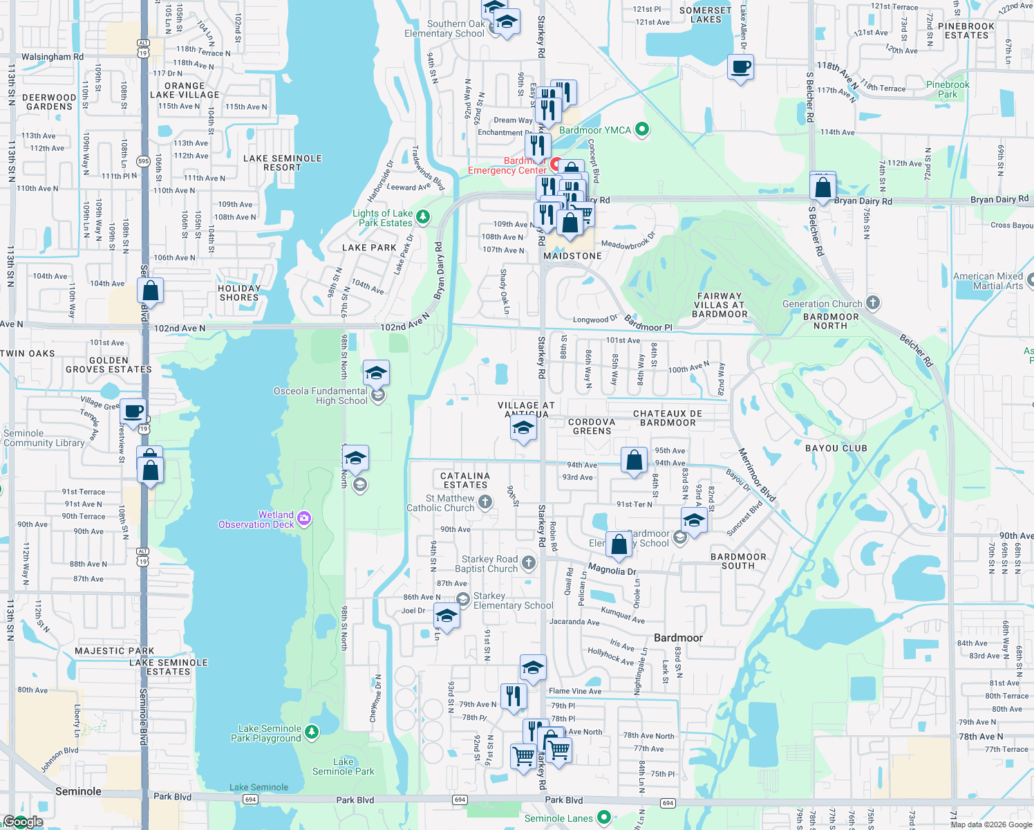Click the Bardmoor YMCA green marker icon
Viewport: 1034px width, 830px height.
coord(642,129)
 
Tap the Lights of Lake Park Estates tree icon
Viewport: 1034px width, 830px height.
coord(422,217)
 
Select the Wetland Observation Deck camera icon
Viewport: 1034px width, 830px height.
coord(304,518)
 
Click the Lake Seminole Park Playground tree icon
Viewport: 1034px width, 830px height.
coord(312,732)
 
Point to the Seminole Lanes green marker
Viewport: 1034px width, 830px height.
coord(603,818)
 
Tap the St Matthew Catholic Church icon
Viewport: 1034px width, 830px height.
coord(485,502)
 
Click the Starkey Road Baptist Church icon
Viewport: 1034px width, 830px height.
coord(529,562)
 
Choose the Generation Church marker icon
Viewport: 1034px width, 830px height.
coord(873,302)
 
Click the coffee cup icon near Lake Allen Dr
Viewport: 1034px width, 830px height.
coord(740,68)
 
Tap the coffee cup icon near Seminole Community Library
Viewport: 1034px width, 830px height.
coord(133,412)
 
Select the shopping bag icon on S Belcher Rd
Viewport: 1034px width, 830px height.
coord(822,187)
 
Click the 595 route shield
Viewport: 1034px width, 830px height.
coord(143,161)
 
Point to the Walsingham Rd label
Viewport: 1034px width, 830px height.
coord(53,57)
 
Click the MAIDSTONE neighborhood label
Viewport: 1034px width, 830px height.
coord(572,256)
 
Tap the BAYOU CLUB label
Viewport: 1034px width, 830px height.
coord(836,448)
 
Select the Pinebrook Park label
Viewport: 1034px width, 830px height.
coord(948,89)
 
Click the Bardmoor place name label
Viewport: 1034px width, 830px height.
coord(678,638)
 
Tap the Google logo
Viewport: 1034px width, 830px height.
coord(23,822)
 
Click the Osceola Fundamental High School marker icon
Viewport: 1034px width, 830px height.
coord(378,395)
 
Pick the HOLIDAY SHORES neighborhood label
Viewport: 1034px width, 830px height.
coord(239,293)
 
